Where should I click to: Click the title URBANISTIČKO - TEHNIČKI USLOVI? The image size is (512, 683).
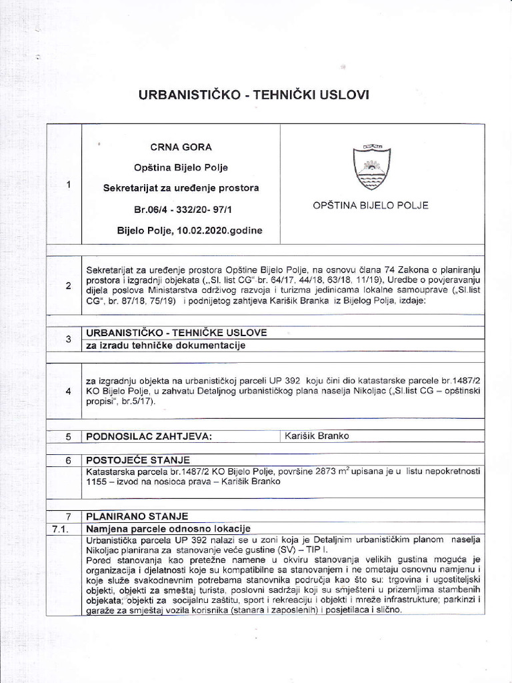[253, 95]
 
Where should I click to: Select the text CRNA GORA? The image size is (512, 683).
[181, 147]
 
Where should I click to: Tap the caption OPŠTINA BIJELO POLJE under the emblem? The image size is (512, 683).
[371, 205]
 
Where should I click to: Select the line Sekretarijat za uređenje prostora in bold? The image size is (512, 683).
[181, 188]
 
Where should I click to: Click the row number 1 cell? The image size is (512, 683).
[69, 185]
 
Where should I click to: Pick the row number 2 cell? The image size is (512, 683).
[69, 286]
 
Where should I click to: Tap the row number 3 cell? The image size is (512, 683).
[69, 339]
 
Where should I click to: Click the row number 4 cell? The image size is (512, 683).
[69, 391]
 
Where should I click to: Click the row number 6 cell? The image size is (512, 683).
[69, 460]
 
